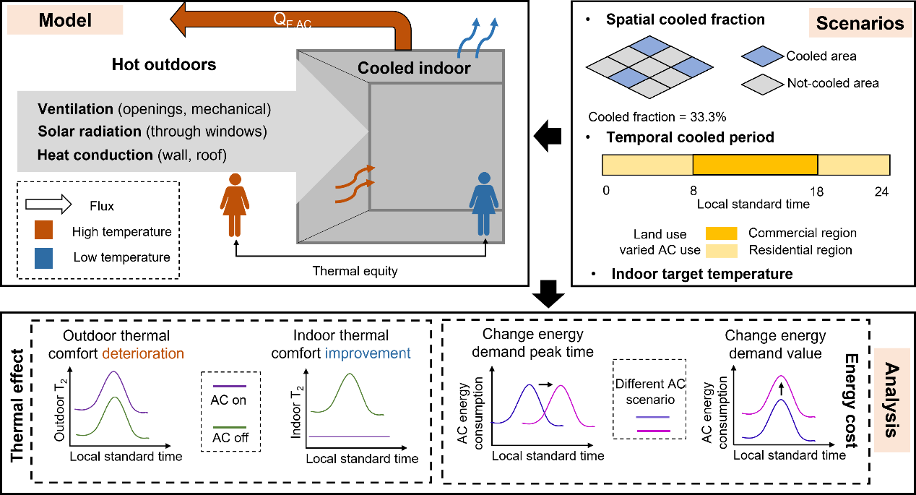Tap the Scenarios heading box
(x=860, y=23)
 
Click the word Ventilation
(x=75, y=110)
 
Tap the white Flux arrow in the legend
(x=53, y=206)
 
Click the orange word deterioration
(x=149, y=353)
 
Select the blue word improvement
(x=376, y=353)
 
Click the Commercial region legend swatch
(x=722, y=233)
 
